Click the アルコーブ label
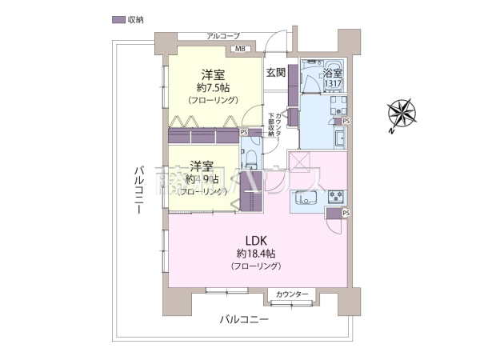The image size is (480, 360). click(x=223, y=36)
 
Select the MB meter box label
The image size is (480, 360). click(x=239, y=50)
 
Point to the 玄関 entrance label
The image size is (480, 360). click(x=276, y=73)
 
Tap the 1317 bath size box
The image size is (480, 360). click(x=333, y=83)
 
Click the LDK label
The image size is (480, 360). click(x=255, y=239)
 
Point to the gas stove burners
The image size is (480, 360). click(x=334, y=196)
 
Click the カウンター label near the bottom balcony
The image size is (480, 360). click(x=291, y=295)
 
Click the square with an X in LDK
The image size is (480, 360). click(x=302, y=163)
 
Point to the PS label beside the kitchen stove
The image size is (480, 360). click(x=346, y=214)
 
